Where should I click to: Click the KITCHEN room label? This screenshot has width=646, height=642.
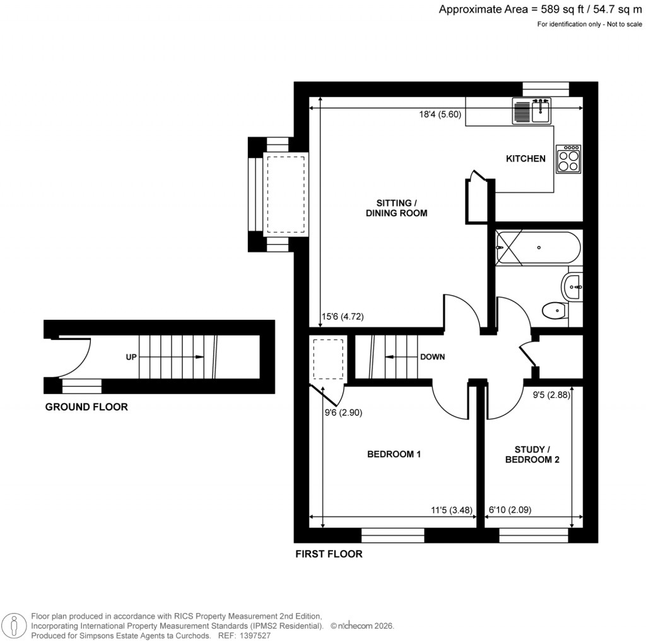526,159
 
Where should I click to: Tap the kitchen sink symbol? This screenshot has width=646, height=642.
532,111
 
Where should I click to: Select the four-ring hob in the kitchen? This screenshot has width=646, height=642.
568,159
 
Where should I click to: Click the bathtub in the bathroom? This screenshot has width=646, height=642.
537,248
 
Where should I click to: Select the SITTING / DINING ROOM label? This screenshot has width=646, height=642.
396,208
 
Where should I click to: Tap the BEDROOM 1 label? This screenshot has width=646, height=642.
394,454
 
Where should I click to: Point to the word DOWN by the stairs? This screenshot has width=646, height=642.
432,357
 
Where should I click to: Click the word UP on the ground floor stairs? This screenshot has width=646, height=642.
131,357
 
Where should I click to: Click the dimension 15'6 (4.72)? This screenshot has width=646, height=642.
343,317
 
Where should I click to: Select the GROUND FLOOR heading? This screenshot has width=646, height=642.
86,407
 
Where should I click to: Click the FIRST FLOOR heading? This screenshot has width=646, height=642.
329,554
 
